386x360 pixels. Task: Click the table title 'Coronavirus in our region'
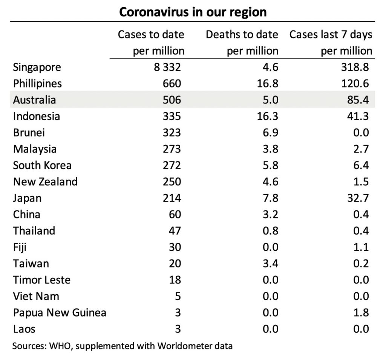(193, 12)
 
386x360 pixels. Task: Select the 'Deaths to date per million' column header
(242, 43)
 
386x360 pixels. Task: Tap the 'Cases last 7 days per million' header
(331, 43)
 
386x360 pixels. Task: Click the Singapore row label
(37, 67)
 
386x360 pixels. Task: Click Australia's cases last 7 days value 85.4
(358, 100)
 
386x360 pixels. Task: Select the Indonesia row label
(36, 116)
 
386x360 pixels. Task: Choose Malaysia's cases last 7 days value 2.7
(361, 149)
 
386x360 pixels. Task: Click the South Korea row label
(42, 165)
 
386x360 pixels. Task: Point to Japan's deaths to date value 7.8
(270, 198)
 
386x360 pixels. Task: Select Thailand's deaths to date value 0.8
(270, 231)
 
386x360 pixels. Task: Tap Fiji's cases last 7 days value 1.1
(361, 247)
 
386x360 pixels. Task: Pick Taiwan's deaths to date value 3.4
(270, 263)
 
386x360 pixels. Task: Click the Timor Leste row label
(41, 280)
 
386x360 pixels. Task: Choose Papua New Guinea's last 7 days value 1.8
(361, 313)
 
